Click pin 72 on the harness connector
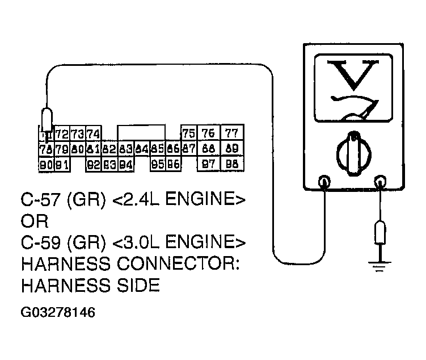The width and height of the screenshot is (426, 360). point(62,134)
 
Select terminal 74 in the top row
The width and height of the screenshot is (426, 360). point(94,134)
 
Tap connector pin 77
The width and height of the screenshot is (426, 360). point(231,134)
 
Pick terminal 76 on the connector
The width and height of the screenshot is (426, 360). point(209,134)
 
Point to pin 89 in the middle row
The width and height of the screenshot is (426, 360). point(231,149)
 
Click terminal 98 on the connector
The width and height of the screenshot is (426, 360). point(231,164)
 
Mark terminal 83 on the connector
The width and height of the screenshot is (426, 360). point(126,149)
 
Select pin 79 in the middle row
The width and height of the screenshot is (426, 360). point(62,149)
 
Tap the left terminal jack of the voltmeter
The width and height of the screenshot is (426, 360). point(324,182)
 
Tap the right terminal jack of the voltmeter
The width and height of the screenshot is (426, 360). point(379,182)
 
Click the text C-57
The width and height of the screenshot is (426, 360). point(41,201)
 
